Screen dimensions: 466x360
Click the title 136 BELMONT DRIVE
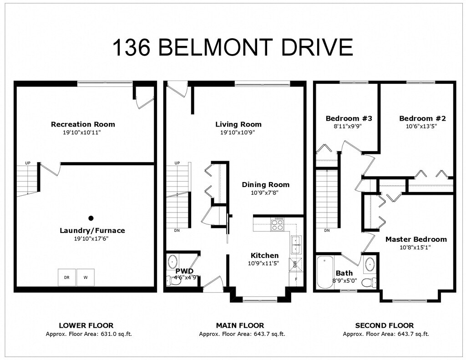coord(232,47)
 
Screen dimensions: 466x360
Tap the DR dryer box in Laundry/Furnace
coord(66,277)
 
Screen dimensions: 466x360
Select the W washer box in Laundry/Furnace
coord(85,277)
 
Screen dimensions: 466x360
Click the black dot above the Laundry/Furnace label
coord(91,218)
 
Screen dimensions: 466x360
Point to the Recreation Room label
coord(83,124)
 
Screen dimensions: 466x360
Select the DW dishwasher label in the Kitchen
coord(295,263)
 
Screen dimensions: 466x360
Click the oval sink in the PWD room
coord(173,263)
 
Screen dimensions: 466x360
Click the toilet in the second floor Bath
coord(369,283)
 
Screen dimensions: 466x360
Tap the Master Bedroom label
coord(416,239)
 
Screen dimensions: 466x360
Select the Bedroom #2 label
coord(422,118)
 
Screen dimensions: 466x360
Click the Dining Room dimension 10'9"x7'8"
coord(265,193)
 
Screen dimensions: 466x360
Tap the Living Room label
coord(238,124)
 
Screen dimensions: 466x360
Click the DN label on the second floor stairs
coord(327,230)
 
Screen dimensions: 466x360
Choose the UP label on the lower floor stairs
coord(28,163)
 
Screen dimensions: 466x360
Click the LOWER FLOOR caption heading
coord(86,325)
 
